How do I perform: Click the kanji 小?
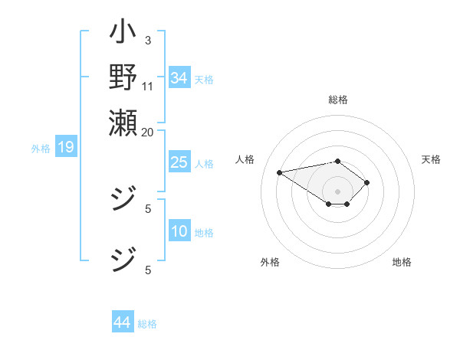[x=123, y=35]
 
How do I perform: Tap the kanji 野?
[x=123, y=77]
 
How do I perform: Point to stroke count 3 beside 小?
[x=147, y=40]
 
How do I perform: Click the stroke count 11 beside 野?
[x=148, y=86]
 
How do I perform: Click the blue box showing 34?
[x=179, y=78]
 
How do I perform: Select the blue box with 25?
[x=179, y=162]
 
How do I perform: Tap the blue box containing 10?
[x=179, y=231]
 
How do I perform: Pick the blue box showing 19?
[x=65, y=147]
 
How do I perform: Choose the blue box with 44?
[x=122, y=322]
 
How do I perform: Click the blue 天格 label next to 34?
[x=204, y=80]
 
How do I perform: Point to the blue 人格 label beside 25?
[x=204, y=164]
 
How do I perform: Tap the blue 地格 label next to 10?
[x=204, y=233]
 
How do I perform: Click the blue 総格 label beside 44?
[x=147, y=324]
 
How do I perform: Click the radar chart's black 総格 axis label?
[x=338, y=100]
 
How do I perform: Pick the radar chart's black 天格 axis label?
[x=431, y=159]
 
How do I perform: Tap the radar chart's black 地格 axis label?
[x=402, y=262]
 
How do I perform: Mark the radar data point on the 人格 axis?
[x=280, y=172]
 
